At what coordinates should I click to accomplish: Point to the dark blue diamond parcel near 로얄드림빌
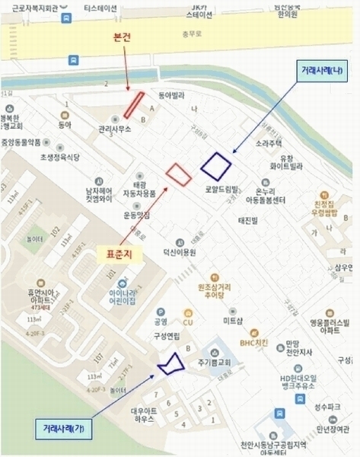[216, 164]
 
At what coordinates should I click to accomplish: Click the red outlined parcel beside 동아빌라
[134, 104]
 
